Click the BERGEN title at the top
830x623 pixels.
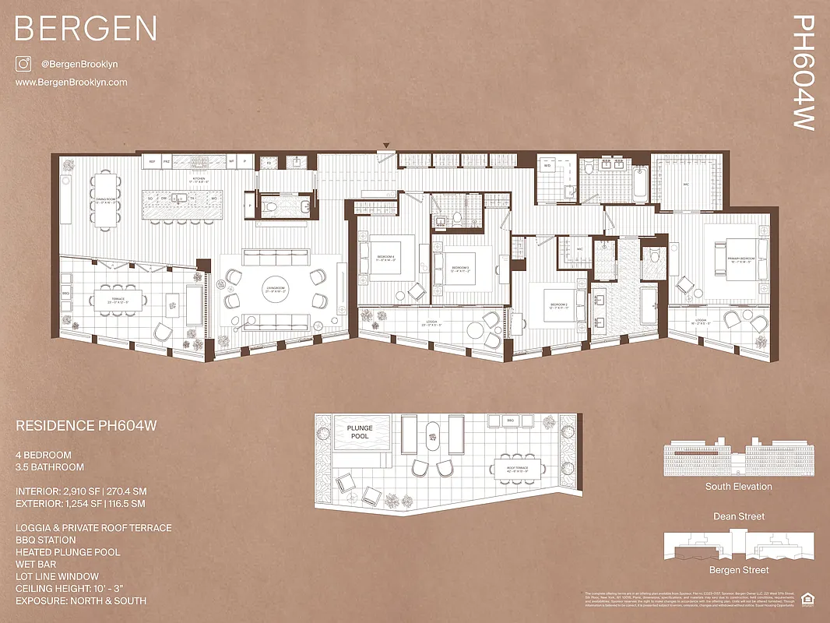tap(86, 29)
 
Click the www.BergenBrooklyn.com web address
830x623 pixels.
tap(71, 82)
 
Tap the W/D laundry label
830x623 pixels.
tap(547, 166)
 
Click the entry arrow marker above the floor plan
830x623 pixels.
tap(385, 145)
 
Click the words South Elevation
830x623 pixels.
tap(739, 487)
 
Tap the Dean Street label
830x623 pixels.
tap(739, 516)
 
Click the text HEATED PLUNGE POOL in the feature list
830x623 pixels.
tap(68, 552)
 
